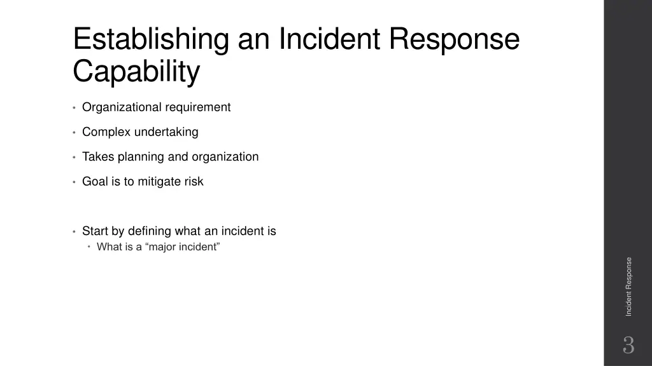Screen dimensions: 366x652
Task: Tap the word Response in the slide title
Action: [x=455, y=39]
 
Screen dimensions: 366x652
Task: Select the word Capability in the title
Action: [x=136, y=71]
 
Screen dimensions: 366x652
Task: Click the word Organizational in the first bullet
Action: [x=122, y=107]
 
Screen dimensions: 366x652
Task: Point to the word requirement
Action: [x=198, y=107]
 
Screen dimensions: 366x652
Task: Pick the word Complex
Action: [x=106, y=132]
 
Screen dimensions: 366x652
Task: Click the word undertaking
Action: [x=166, y=132]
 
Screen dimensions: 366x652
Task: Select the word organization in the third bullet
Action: [x=225, y=157]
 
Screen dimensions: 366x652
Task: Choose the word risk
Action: [x=194, y=182]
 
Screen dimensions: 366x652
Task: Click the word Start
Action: [x=95, y=231]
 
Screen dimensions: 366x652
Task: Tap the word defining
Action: [x=150, y=231]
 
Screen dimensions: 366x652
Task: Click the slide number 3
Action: [x=628, y=346]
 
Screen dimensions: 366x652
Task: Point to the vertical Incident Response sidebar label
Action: [x=628, y=287]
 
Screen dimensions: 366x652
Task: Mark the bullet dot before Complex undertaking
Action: [x=74, y=133]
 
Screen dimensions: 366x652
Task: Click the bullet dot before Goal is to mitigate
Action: [x=74, y=182]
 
